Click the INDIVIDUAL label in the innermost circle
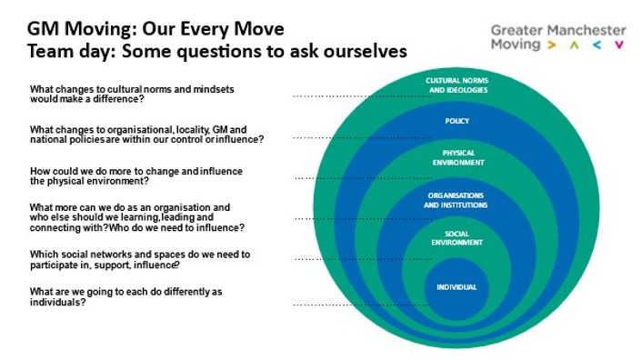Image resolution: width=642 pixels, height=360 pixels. point(456,287)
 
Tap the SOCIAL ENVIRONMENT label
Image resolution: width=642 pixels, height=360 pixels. point(456,239)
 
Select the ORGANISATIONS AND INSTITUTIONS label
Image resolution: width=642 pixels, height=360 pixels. point(456,200)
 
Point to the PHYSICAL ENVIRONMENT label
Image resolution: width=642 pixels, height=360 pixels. point(456,157)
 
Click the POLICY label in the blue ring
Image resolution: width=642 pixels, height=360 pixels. point(456,120)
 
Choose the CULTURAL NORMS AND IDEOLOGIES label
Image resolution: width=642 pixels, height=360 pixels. point(456,85)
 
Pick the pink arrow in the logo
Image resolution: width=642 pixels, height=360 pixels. point(619,44)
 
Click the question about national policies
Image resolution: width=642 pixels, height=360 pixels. point(146,135)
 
